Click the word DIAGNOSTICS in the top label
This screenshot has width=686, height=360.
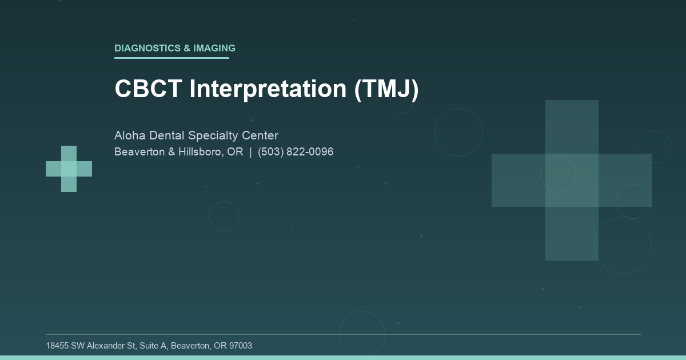click(147, 49)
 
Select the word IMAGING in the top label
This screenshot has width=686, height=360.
click(214, 49)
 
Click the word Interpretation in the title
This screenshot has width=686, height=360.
click(268, 89)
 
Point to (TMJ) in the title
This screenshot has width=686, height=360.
click(386, 89)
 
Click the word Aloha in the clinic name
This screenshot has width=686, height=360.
click(130, 136)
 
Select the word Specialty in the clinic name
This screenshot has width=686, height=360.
click(215, 136)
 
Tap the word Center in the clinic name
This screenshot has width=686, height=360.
click(262, 136)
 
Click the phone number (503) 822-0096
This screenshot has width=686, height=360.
click(296, 152)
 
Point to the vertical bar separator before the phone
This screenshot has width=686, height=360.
click(250, 152)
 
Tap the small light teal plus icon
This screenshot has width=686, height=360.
click(69, 169)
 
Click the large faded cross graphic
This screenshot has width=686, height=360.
click(572, 180)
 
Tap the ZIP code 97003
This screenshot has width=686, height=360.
click(240, 346)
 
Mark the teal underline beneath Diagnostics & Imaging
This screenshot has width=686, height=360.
click(171, 58)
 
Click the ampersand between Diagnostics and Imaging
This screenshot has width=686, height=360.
click(187, 49)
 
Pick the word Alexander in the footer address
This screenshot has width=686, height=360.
click(107, 346)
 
